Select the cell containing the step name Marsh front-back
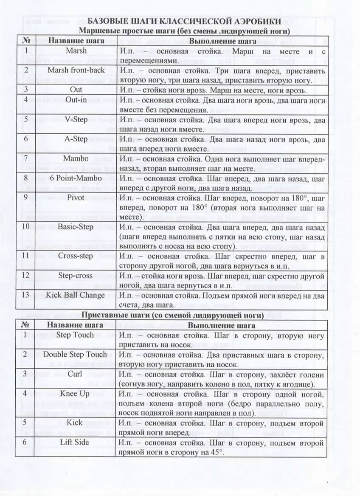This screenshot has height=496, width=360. coord(76,70)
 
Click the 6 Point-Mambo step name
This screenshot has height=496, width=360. coord(76,178)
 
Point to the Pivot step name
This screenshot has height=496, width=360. coord(76,198)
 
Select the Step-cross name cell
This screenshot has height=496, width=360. coord(76,276)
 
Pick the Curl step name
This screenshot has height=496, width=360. coord(75,374)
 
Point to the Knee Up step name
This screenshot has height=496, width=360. coord(75,394)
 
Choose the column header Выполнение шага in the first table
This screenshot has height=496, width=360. coord(222,41)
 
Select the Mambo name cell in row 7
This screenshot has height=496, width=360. coord(76,159)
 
